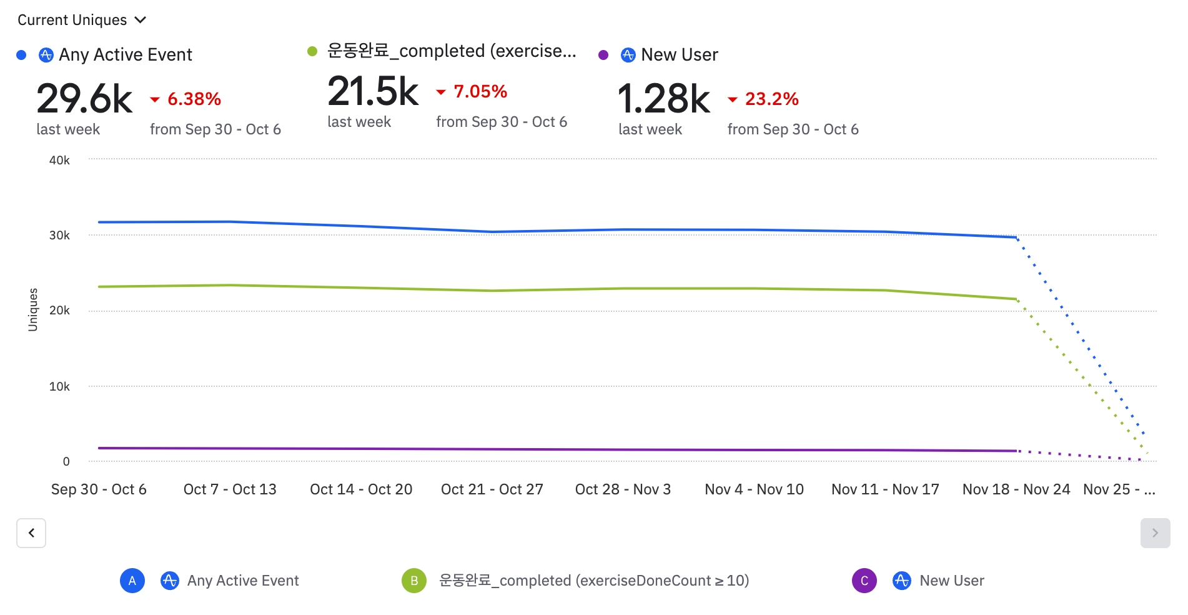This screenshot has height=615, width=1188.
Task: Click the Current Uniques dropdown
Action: coord(81,20)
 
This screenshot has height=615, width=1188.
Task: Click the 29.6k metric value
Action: coord(84,99)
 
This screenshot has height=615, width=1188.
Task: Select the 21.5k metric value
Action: coord(373,91)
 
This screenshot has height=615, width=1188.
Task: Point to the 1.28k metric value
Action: coord(663,99)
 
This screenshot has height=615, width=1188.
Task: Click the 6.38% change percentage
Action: coord(194,99)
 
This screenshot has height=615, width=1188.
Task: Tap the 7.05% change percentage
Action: coord(480,91)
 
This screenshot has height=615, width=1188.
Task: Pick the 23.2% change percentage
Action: coord(771,99)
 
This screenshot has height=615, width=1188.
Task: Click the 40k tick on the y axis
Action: coord(59,161)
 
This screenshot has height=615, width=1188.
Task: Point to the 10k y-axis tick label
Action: coord(59,387)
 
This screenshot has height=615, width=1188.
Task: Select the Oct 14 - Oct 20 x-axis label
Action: coord(361,489)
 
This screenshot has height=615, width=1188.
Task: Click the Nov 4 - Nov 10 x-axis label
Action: coord(754,489)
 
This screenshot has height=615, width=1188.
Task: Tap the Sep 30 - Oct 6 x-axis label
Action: coord(99,489)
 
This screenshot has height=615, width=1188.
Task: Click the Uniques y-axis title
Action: coord(33,309)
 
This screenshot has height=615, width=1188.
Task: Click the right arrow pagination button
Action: coord(1155,533)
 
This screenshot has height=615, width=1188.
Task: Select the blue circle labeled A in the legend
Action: coord(132,581)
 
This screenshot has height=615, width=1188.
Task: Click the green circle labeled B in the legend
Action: coord(414,581)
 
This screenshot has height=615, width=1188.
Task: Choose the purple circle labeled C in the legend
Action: coord(864,581)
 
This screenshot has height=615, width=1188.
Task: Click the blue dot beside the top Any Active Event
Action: coord(21,55)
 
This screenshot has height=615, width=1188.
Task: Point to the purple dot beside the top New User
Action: coord(603,55)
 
